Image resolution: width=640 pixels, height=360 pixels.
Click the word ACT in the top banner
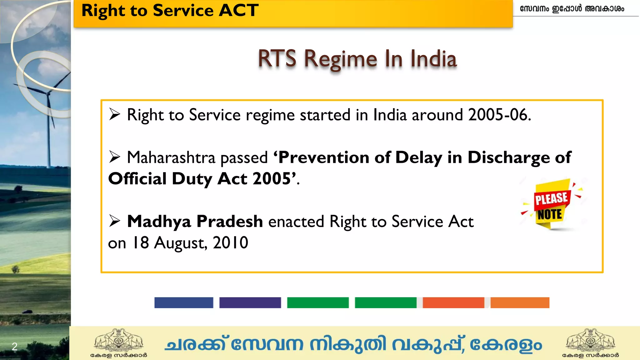(x=238, y=10)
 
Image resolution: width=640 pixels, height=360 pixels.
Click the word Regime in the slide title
(x=341, y=59)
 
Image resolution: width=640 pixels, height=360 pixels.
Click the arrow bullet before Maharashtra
(x=115, y=157)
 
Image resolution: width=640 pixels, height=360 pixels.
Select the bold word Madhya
(x=159, y=221)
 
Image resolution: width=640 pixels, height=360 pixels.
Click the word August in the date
(x=180, y=243)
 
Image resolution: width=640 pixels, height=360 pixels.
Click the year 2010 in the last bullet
(x=230, y=243)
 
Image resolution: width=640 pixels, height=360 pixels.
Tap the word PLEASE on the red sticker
(x=551, y=198)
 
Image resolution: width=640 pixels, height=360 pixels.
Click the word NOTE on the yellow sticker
(x=550, y=215)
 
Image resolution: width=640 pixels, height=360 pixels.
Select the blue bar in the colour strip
(x=184, y=302)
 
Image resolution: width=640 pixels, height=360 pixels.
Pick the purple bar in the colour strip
(x=250, y=302)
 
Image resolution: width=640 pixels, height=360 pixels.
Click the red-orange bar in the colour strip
(x=453, y=302)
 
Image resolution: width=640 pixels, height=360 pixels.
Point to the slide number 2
(x=14, y=346)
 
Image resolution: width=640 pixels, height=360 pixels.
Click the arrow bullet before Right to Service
(x=115, y=114)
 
